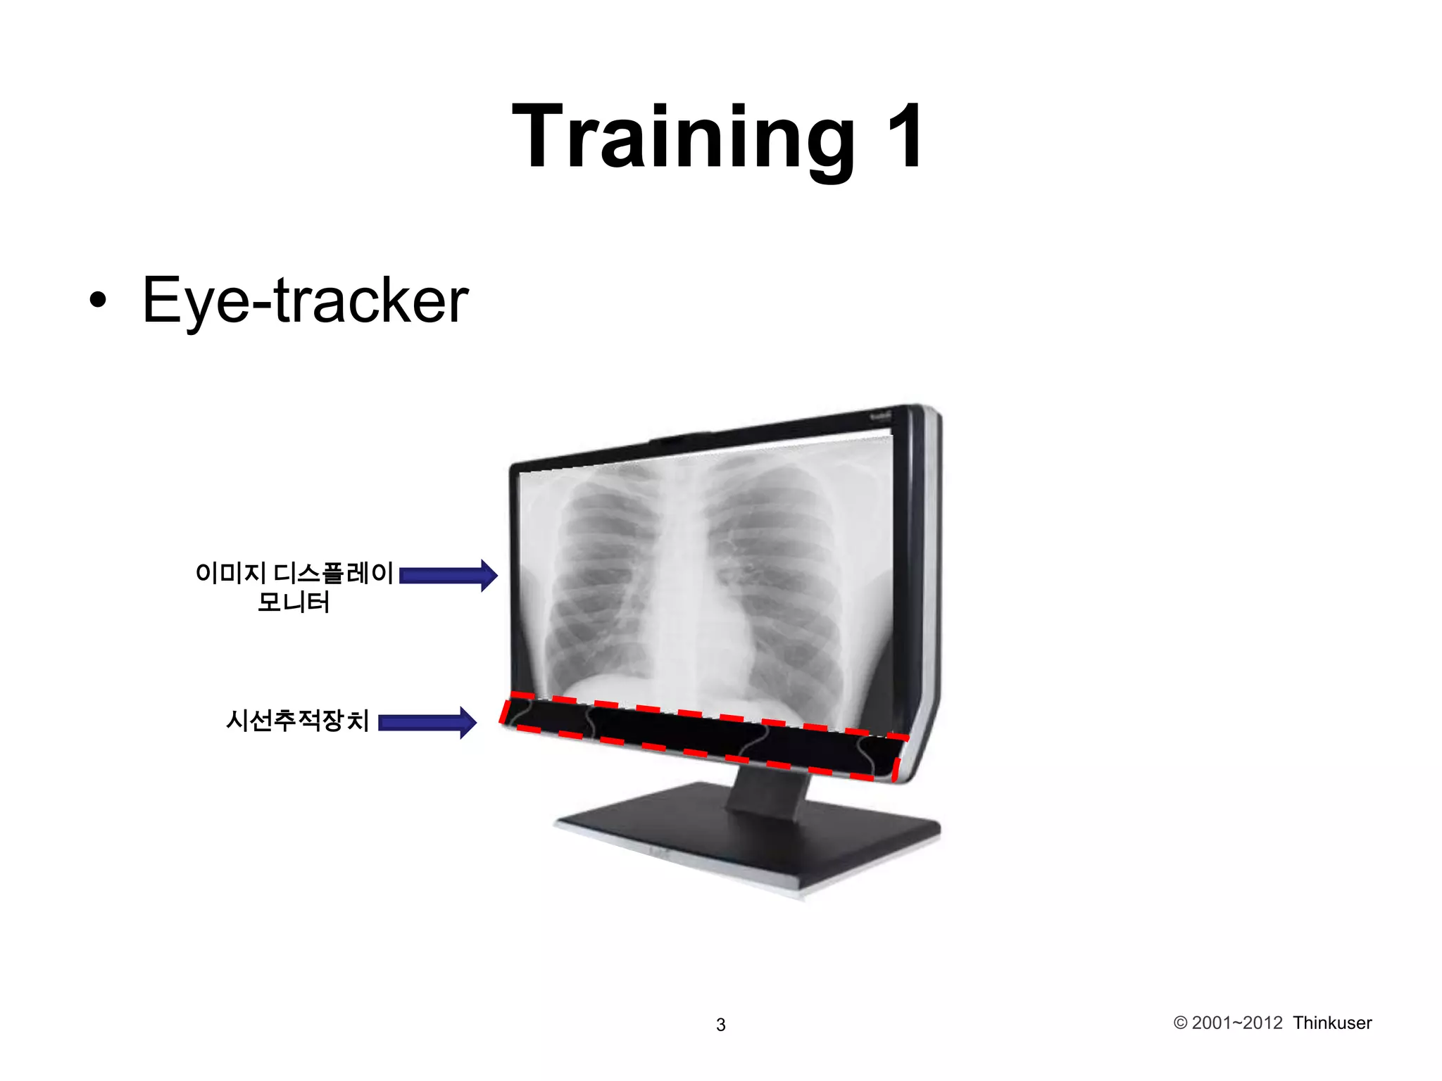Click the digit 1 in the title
pyautogui.click(x=905, y=137)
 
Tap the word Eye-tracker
pyautogui.click(x=305, y=301)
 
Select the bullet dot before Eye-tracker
pyautogui.click(x=99, y=301)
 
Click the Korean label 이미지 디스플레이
pyautogui.click(x=294, y=573)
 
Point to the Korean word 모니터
pyautogui.click(x=294, y=603)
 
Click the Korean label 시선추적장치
pyautogui.click(x=297, y=721)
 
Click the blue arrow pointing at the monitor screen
pyautogui.click(x=449, y=576)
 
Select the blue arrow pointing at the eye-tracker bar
pyautogui.click(x=427, y=723)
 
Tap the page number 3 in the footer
pyautogui.click(x=720, y=1025)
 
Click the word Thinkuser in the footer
pyautogui.click(x=1332, y=1023)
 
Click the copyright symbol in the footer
pyautogui.click(x=1180, y=1023)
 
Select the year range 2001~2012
pyautogui.click(x=1237, y=1023)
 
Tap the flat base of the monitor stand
pyautogui.click(x=746, y=841)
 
